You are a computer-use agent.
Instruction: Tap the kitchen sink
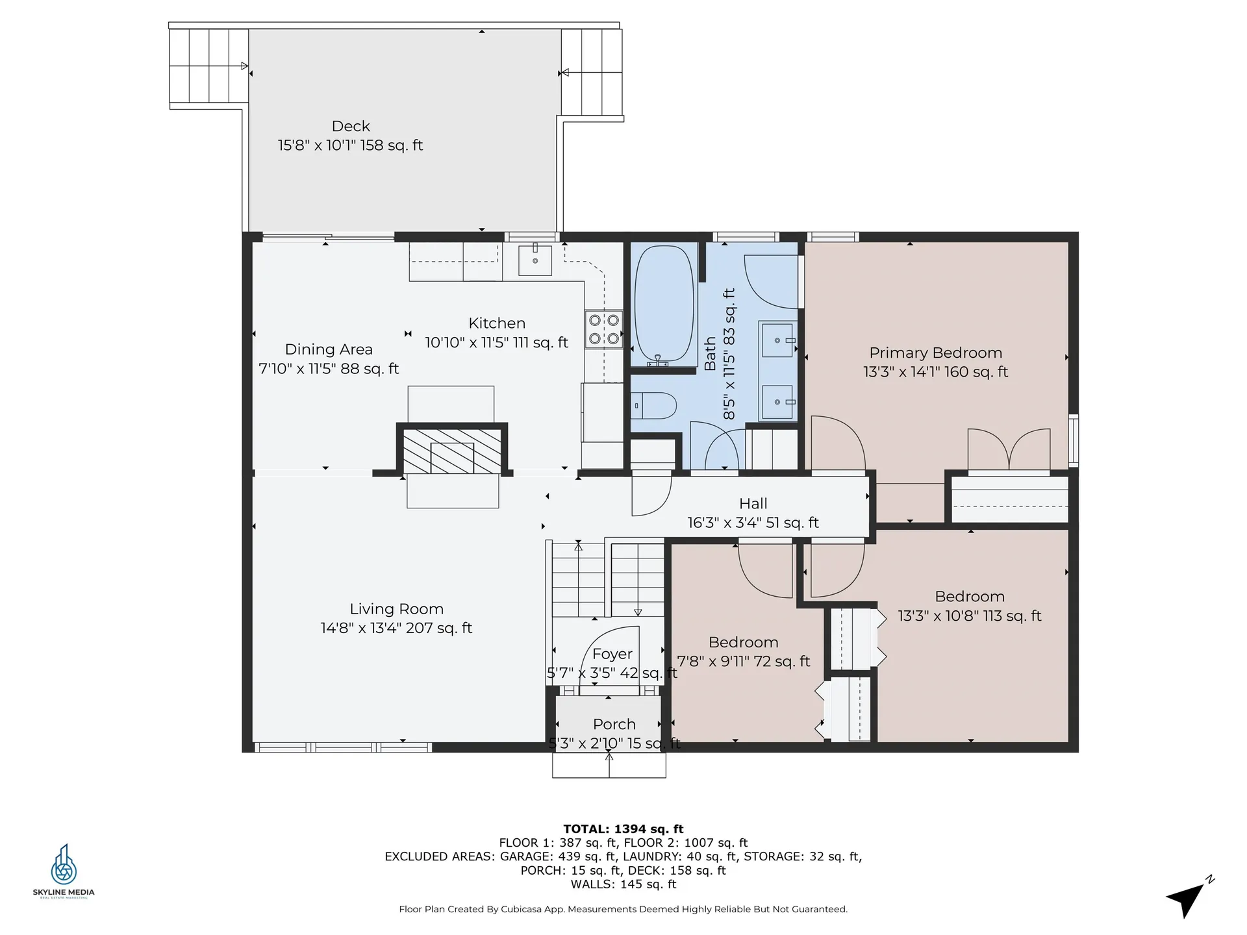pyautogui.click(x=535, y=260)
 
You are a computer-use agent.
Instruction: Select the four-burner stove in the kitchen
pyautogui.click(x=603, y=329)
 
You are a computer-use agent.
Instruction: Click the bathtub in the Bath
pyautogui.click(x=664, y=305)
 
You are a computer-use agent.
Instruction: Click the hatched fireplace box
pyautogui.click(x=452, y=451)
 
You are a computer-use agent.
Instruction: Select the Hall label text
pyautogui.click(x=753, y=503)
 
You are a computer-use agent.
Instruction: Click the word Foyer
pyautogui.click(x=612, y=654)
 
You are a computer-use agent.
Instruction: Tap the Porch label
pyautogui.click(x=614, y=724)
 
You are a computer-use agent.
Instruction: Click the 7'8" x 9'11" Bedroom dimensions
pyautogui.click(x=744, y=662)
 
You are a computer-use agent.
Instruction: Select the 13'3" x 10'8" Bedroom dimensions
pyautogui.click(x=970, y=616)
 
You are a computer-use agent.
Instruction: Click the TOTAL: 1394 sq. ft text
pyautogui.click(x=623, y=829)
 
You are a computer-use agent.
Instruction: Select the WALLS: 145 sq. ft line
pyautogui.click(x=623, y=884)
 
